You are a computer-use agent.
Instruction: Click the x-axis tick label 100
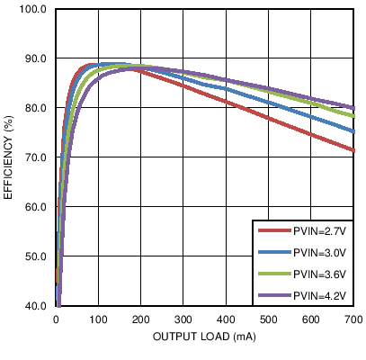click(99, 319)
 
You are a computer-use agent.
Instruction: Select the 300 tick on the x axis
click(183, 319)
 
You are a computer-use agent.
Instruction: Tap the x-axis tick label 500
click(269, 319)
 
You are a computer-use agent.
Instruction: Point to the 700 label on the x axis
click(353, 319)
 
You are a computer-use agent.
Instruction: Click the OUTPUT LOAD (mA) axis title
click(205, 337)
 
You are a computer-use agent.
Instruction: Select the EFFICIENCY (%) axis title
click(9, 157)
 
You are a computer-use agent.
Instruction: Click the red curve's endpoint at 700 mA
click(353, 150)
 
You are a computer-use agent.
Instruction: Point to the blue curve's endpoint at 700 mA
click(353, 131)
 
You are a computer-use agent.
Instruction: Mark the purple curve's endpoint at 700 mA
click(353, 108)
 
